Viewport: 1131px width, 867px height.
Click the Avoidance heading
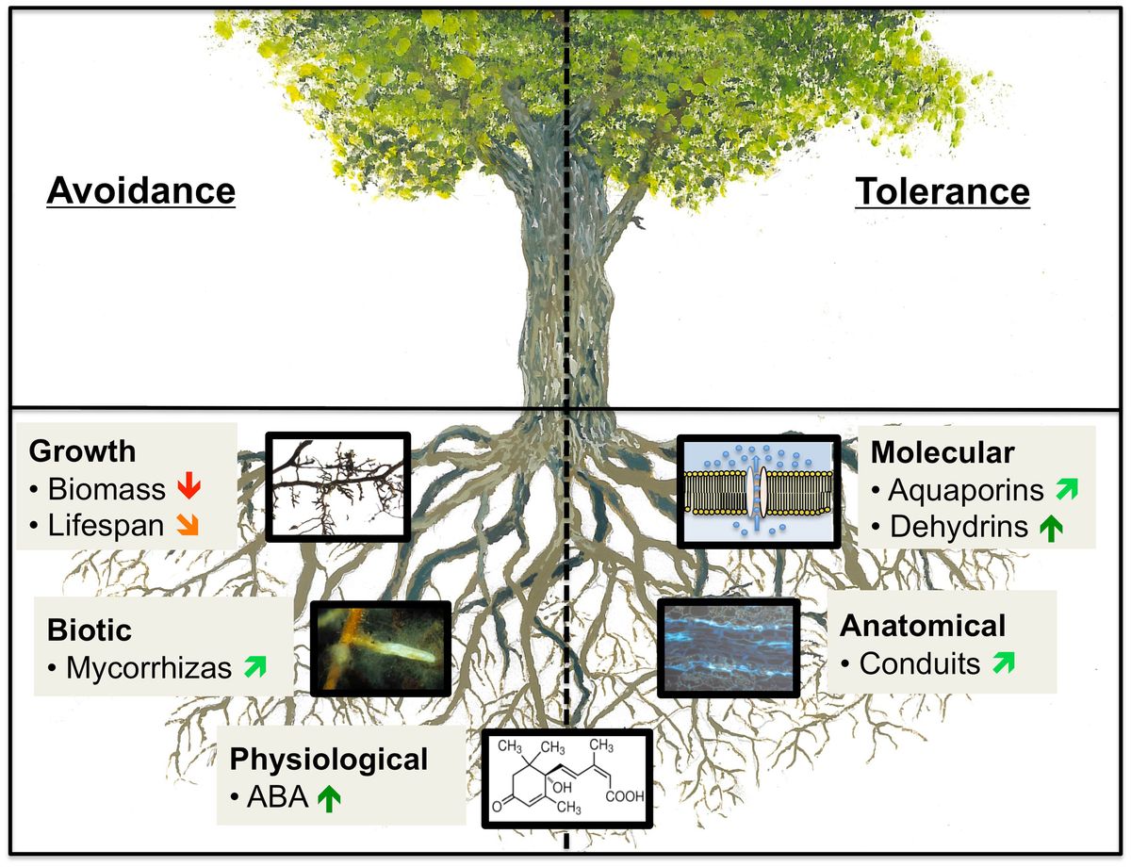tap(140, 191)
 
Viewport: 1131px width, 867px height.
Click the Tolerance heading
tap(942, 191)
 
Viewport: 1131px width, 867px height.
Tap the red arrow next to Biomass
tap(189, 488)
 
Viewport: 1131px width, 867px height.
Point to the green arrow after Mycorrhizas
tap(254, 668)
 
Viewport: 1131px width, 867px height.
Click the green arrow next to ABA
tap(327, 798)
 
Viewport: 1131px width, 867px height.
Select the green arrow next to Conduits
tap(1004, 663)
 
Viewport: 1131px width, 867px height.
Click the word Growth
tap(83, 450)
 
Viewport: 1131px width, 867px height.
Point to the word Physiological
tap(330, 759)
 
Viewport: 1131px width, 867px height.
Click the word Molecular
tap(942, 452)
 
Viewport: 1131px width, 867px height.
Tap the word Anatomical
tap(923, 625)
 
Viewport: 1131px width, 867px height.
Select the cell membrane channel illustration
tap(759, 490)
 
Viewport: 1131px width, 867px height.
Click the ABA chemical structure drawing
tap(566, 778)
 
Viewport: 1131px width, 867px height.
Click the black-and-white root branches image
tap(338, 486)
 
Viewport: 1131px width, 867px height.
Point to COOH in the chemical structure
tap(625, 796)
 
